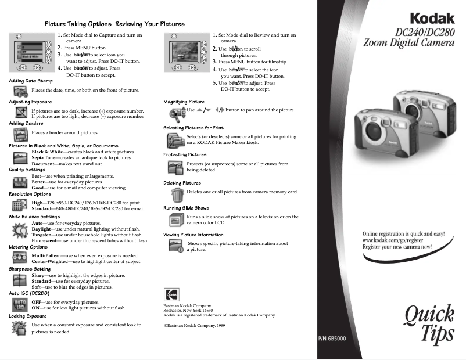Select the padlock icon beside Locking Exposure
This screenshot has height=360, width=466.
(x=20, y=328)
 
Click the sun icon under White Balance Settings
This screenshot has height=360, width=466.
(x=20, y=231)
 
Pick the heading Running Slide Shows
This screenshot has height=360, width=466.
(x=186, y=207)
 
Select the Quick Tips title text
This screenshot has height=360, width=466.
(x=429, y=324)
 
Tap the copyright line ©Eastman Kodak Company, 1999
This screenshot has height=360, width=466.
(x=195, y=326)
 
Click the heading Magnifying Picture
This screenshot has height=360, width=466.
(x=184, y=102)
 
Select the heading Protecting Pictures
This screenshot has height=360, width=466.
(x=185, y=155)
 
